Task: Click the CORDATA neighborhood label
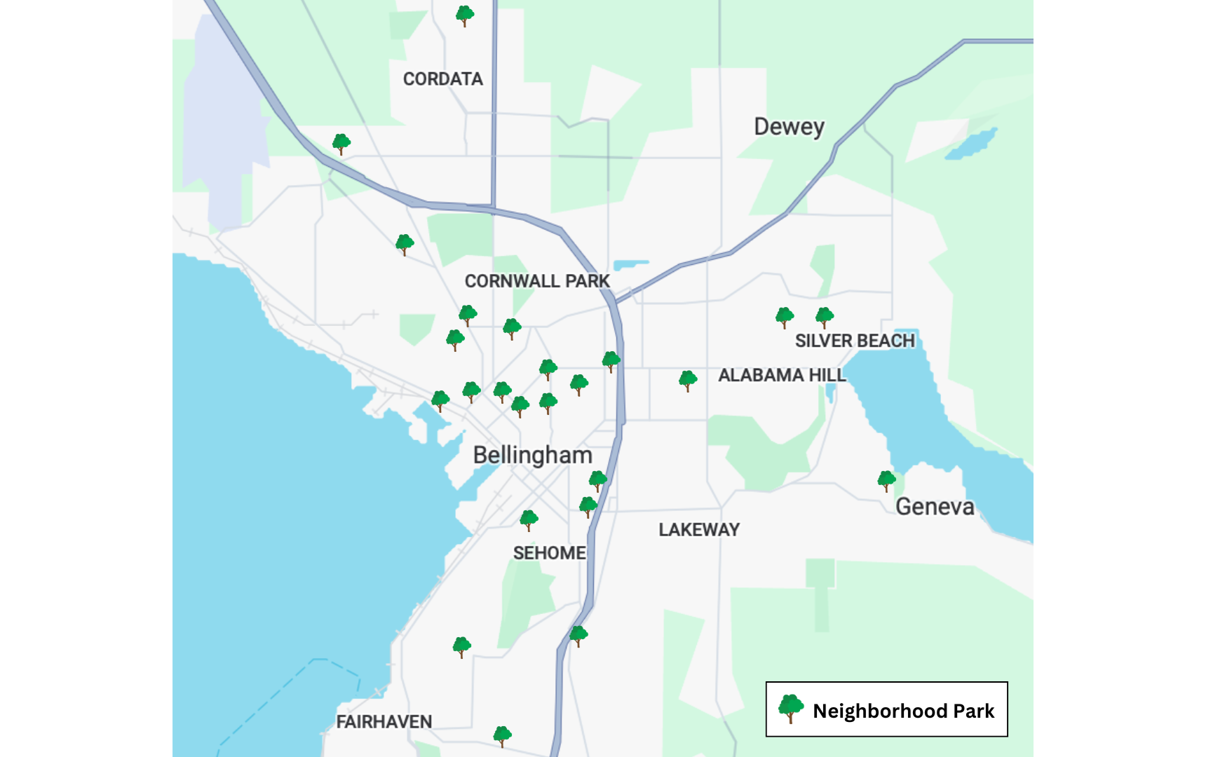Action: (x=442, y=79)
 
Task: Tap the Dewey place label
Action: (x=789, y=127)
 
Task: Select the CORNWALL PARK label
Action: (x=537, y=281)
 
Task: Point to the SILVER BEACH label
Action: (x=855, y=341)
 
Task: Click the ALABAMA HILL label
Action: (x=782, y=376)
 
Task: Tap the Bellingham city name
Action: (x=532, y=456)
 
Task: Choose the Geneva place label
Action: (x=935, y=507)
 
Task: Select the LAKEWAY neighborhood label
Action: (x=699, y=530)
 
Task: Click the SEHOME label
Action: (x=549, y=553)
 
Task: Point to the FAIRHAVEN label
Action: (x=384, y=722)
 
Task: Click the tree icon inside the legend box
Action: (x=791, y=709)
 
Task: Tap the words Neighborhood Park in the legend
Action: (x=903, y=711)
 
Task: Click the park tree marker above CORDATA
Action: (x=464, y=15)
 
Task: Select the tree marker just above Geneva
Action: (x=886, y=481)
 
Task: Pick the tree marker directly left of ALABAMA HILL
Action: (x=688, y=381)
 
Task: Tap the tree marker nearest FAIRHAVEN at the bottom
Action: (x=502, y=736)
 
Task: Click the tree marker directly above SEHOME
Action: (x=529, y=520)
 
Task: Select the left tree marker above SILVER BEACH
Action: (x=785, y=318)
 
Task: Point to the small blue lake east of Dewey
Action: (x=971, y=144)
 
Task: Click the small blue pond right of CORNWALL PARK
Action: (x=630, y=265)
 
